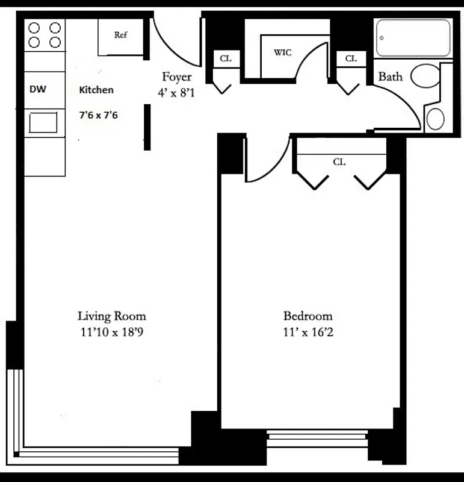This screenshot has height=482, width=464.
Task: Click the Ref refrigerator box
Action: tap(121, 36)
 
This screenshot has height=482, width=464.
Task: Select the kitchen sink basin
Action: tap(44, 123)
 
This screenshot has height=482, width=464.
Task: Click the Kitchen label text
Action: tap(96, 90)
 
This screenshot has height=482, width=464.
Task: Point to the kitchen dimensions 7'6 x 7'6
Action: tap(99, 114)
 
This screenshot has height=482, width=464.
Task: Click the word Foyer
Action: tap(177, 77)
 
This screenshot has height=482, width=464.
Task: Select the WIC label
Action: tap(282, 53)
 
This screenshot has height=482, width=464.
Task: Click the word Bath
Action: tap(390, 77)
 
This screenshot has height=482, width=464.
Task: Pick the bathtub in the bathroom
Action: tap(413, 38)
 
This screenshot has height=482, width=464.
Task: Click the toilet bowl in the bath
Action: tap(427, 77)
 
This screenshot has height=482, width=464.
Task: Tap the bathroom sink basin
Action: tap(435, 119)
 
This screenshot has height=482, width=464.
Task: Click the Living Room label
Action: tap(111, 316)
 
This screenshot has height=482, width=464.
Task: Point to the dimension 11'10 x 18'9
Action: tap(111, 331)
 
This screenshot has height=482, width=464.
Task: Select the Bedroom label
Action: tap(308, 316)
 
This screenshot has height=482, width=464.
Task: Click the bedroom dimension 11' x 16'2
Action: tap(308, 331)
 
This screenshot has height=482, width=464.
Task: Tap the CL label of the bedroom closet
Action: tap(339, 162)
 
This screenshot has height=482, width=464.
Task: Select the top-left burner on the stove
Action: tap(35, 28)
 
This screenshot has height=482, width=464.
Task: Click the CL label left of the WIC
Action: tap(226, 58)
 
